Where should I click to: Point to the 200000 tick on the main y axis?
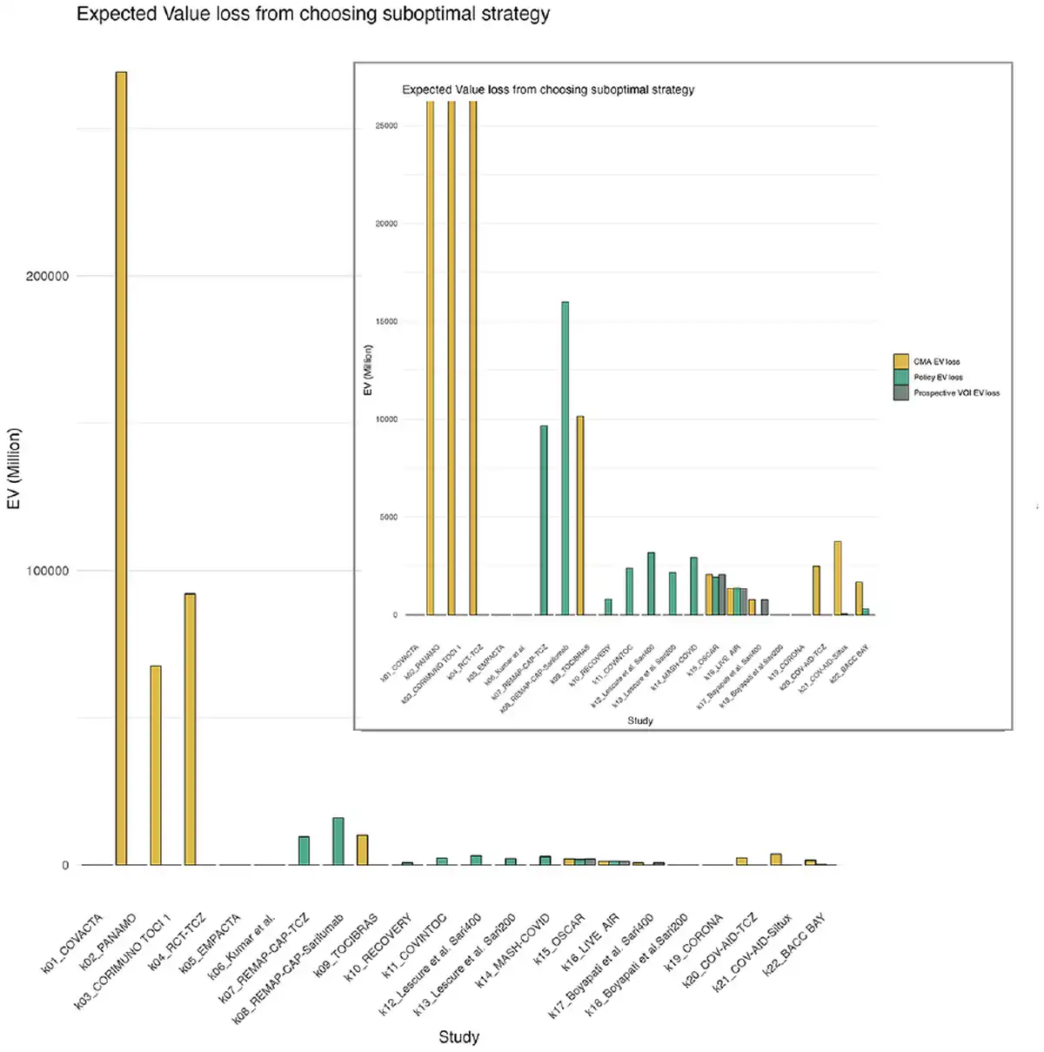[47, 276]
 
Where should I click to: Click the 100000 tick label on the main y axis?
[47, 571]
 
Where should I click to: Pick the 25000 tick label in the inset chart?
[386, 125]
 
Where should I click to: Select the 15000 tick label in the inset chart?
[386, 321]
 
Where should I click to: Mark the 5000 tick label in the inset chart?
[388, 517]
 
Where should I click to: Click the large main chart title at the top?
[313, 15]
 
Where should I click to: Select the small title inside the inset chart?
[548, 90]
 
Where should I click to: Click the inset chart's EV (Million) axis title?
[368, 370]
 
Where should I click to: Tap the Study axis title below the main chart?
[458, 1036]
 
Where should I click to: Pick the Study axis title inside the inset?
[639, 720]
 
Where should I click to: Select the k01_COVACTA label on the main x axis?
[73, 943]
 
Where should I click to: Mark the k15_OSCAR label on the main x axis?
[560, 939]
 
